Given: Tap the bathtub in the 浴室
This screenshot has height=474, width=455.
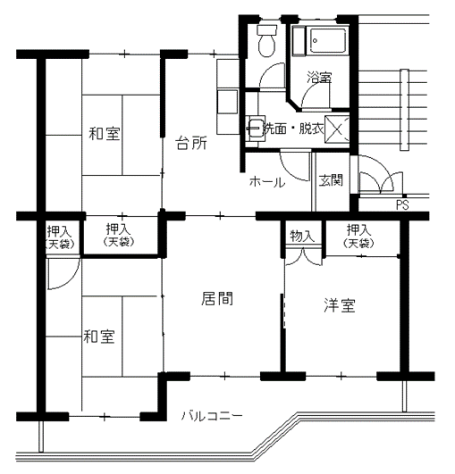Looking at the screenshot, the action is point(327,41).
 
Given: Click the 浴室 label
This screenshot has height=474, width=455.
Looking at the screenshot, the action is point(319,77).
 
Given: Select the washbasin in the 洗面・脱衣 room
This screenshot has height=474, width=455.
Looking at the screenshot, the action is point(255,129).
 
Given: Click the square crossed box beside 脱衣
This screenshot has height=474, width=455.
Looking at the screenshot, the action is point(337,129).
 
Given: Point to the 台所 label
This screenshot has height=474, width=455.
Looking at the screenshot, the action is point(191,143).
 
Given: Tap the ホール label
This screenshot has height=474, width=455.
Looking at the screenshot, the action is point(267,182).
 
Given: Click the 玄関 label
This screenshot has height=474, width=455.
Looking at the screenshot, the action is point(331,180).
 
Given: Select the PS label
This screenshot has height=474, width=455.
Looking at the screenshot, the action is point(402,205).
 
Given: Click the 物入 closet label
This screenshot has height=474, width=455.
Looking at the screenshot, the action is point(302,236).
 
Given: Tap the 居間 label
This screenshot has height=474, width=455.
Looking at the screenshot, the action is point(217,298).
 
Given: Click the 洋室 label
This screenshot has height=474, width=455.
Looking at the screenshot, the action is point(340,305).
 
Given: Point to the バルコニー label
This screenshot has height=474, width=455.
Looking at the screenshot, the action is point(212,416).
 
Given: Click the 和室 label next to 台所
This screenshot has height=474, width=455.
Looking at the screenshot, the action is point(105,133).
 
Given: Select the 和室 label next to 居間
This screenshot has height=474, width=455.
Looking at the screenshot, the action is point(99,337).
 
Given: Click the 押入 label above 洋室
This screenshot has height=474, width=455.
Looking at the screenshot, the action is point(358,230).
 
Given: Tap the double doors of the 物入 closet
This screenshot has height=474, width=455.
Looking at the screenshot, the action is point(303,257).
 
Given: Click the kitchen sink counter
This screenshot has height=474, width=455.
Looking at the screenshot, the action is point(228,96).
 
